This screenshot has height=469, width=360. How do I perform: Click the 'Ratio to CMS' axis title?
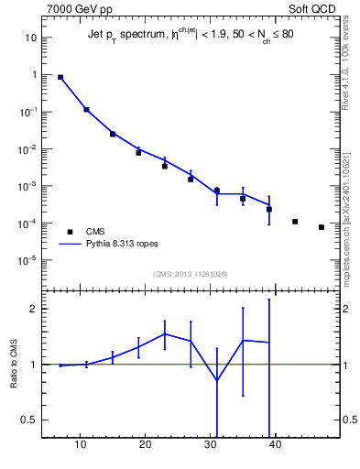[x=15, y=365]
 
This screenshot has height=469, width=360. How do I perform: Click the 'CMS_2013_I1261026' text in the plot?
[x=190, y=273]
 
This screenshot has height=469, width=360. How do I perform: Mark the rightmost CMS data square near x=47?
[x=322, y=227]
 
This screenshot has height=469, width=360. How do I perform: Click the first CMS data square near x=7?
[x=60, y=78]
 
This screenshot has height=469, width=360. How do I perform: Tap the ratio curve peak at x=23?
[x=165, y=333]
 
